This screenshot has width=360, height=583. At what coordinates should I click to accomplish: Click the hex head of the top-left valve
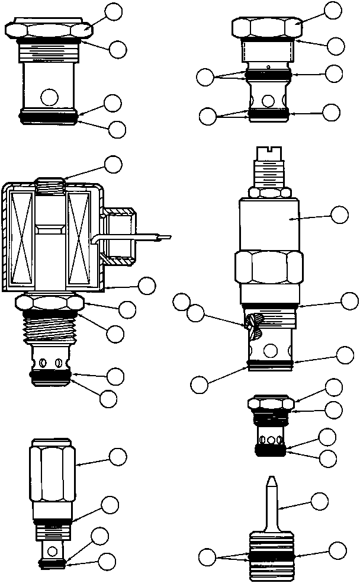pos(47,30)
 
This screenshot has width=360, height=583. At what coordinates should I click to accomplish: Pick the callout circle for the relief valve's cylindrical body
pos(339,214)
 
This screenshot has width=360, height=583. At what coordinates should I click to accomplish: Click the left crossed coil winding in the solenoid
pos(23,237)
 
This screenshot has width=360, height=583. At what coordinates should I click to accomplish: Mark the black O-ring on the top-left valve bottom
pos(49,118)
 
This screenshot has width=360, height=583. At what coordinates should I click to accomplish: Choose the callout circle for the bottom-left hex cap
pos(119,456)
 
